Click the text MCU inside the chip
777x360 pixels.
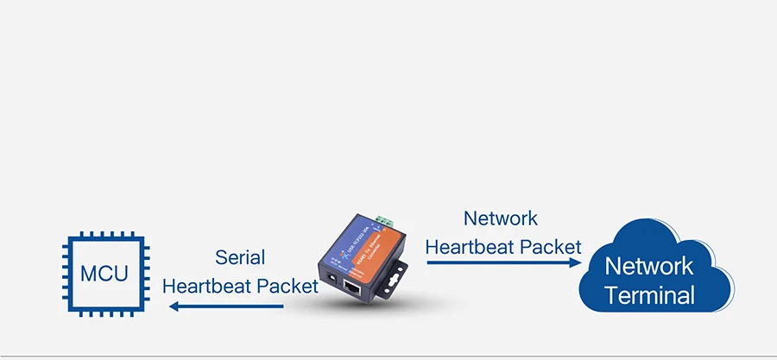pyautogui.click(x=104, y=275)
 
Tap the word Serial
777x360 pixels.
pyautogui.click(x=240, y=257)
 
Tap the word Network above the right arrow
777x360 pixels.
pyautogui.click(x=501, y=218)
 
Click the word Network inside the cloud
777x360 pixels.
pyautogui.click(x=649, y=265)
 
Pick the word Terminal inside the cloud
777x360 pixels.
pyautogui.click(x=649, y=295)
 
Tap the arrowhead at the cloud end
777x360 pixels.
pyautogui.click(x=578, y=262)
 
